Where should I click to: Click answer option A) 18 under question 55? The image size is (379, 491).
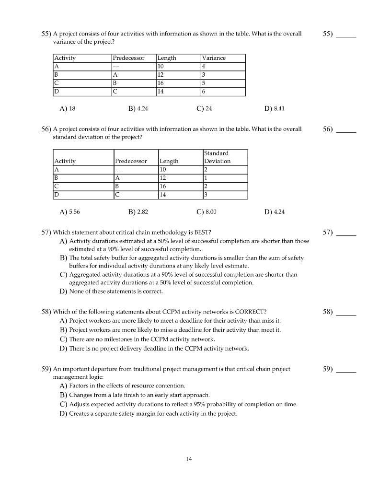(x=67, y=109)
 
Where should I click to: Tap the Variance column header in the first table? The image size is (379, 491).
(x=214, y=58)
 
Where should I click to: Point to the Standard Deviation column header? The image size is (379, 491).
(x=217, y=157)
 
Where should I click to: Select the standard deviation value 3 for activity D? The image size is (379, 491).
(x=206, y=195)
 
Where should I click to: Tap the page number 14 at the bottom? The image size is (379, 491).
(x=189, y=459)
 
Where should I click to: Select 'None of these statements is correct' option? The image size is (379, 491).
(x=115, y=291)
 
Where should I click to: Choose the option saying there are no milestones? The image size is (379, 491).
(x=141, y=339)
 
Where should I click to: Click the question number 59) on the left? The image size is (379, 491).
(x=46, y=369)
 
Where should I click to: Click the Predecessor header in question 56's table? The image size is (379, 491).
(x=131, y=161)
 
